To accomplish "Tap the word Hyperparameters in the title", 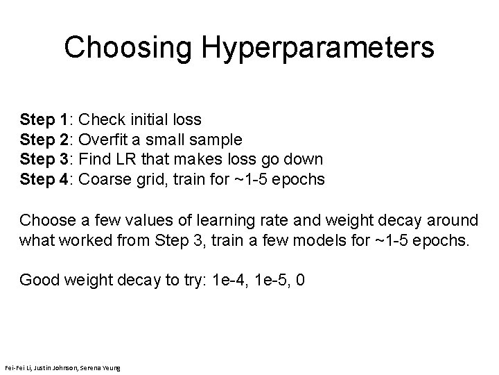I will tap(319, 49).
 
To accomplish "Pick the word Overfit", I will tap(105, 139).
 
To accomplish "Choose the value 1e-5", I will tap(272, 280).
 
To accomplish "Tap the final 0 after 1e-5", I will tap(300, 280).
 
